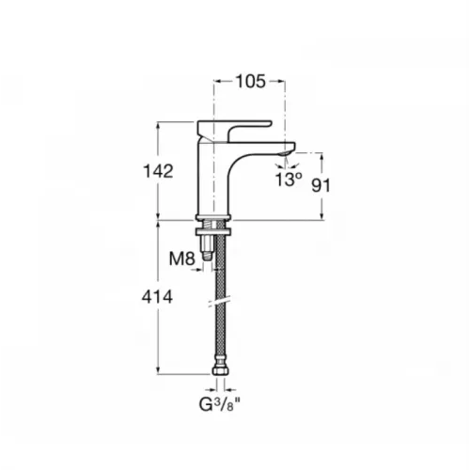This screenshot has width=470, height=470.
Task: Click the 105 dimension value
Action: coord(250,82)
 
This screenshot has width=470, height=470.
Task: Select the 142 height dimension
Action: coord(158,171)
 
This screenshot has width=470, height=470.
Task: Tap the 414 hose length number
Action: coord(157,297)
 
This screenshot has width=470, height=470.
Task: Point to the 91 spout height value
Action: coord(321,186)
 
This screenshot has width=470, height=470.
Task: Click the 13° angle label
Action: coord(289,180)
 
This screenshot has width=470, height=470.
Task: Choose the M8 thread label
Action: coord(182,258)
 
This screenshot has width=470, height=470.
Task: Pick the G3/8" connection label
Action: coord(221,405)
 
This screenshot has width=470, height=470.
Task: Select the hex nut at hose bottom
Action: coord(221,370)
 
